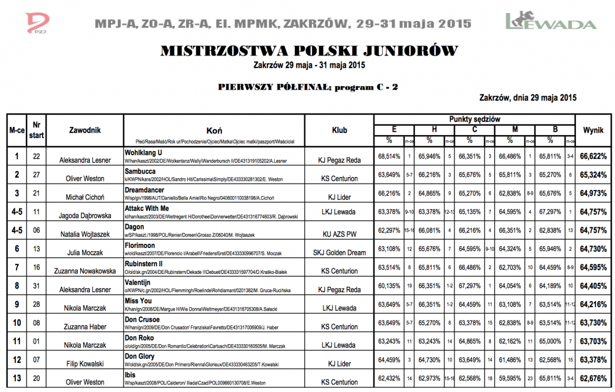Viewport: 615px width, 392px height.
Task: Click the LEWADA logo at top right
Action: pyautogui.click(x=551, y=21)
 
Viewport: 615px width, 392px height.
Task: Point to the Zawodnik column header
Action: pyautogui.click(x=86, y=129)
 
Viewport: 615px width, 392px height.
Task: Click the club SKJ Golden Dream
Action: pyautogui.click(x=335, y=253)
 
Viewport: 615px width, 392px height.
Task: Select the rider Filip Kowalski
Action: pyautogui.click(x=85, y=364)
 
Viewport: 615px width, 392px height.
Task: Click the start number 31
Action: pyautogui.click(x=37, y=286)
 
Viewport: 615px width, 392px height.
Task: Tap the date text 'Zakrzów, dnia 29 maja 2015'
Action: pyautogui.click(x=528, y=98)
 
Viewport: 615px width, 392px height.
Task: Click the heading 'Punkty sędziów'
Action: pyautogui.click(x=474, y=119)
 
